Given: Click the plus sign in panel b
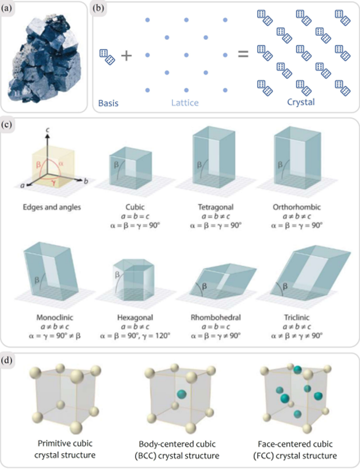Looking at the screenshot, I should (x=127, y=55).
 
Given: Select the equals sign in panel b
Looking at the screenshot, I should (x=242, y=55).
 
